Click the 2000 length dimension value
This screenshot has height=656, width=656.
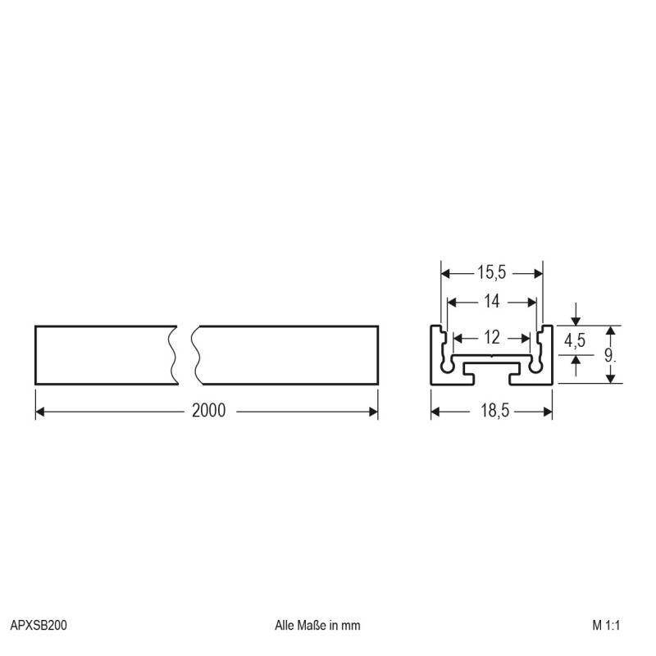(208, 411)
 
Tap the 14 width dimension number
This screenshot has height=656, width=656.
(491, 302)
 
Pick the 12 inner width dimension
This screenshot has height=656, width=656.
(491, 337)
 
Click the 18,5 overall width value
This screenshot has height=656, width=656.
(491, 411)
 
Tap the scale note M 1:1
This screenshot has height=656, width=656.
(609, 625)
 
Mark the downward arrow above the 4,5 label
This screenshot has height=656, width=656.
(577, 320)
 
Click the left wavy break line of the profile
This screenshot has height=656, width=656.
(174, 355)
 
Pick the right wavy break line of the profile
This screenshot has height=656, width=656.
(196, 355)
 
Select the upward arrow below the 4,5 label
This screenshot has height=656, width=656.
(577, 360)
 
